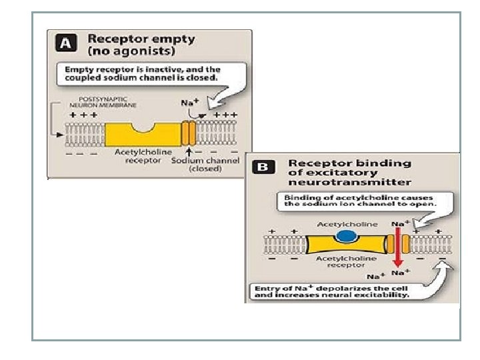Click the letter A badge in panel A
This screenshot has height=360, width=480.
[65, 44]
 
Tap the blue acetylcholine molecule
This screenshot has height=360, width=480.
[345, 235]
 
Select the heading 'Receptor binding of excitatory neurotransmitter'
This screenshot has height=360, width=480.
[349, 172]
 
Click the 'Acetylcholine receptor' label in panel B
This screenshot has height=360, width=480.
[345, 261]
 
